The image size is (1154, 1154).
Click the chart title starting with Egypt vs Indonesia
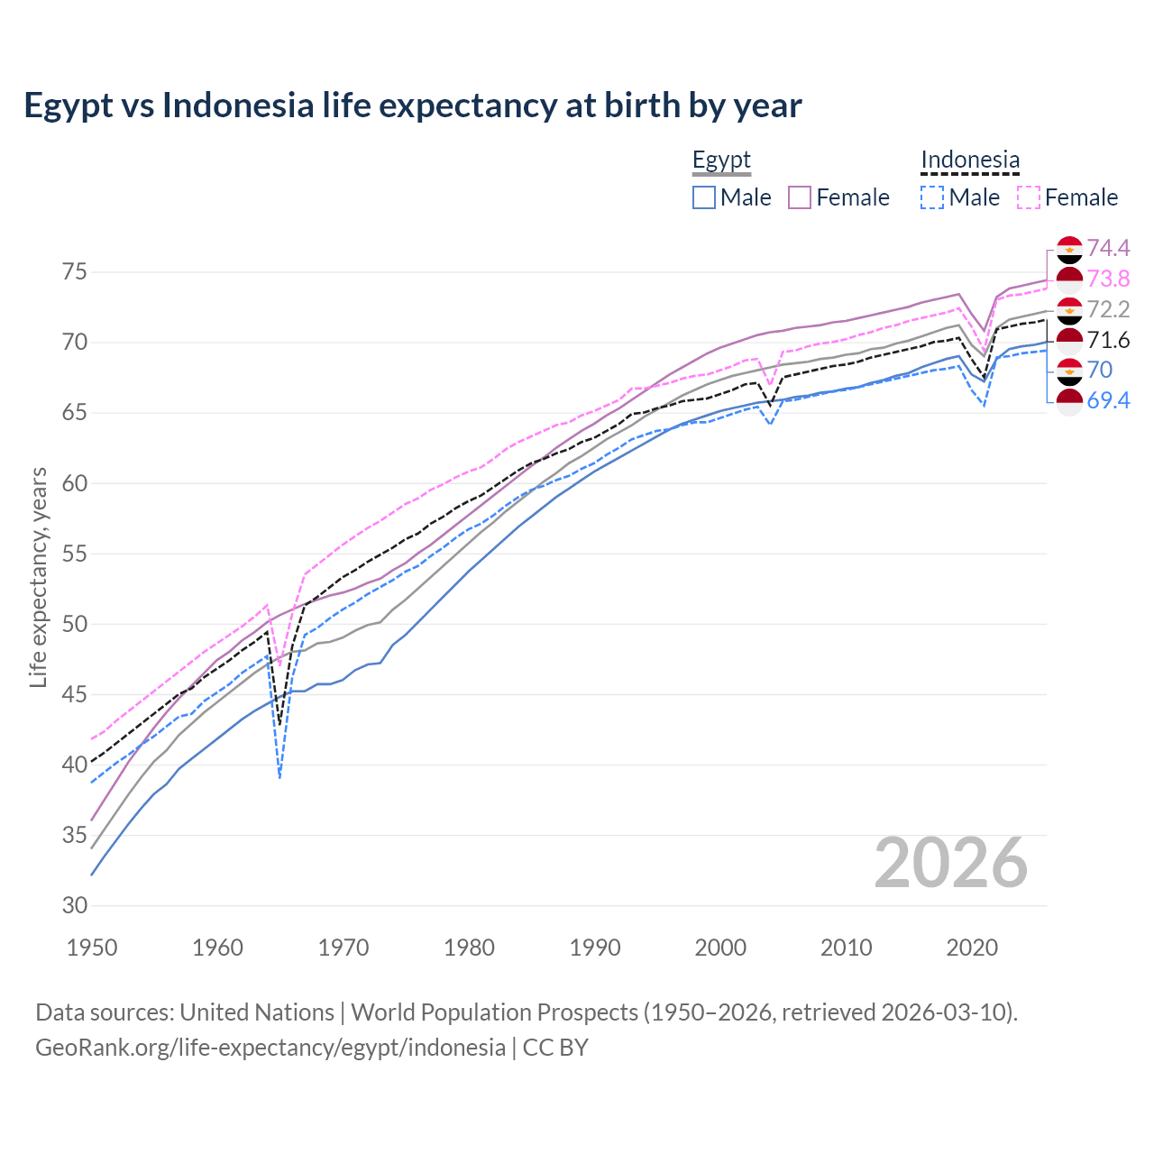click(412, 105)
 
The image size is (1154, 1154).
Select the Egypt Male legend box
click(704, 197)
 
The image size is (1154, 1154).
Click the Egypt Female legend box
click(800, 197)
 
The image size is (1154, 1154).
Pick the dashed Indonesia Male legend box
click(932, 197)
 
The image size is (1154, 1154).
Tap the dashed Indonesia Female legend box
click(1029, 197)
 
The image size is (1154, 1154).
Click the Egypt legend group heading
click(721, 160)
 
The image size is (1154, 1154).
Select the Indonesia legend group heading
click(970, 160)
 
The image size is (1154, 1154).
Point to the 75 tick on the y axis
click(75, 272)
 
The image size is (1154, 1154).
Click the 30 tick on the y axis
click(75, 905)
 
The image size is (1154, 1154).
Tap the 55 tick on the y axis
click(75, 554)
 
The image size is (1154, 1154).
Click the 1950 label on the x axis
click(92, 948)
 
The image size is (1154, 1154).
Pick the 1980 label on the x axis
click(469, 948)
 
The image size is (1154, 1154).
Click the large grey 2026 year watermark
click(950, 863)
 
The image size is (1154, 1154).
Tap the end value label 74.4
click(1108, 248)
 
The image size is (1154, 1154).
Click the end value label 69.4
click(1108, 400)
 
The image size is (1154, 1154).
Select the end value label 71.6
click(1108, 340)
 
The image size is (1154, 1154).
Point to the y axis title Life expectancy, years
click(39, 577)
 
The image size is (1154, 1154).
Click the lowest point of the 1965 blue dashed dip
click(280, 776)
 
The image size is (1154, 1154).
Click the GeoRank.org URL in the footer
click(270, 1048)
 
